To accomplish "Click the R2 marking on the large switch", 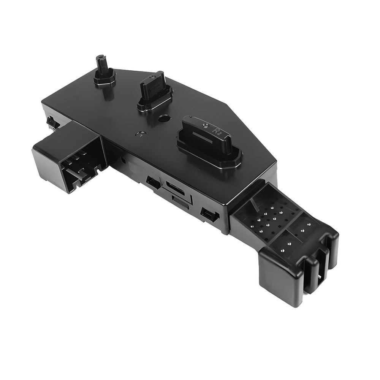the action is pos(216,131).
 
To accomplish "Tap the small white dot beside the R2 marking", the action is pos(206,127).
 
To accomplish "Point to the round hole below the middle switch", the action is pos(164,119).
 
